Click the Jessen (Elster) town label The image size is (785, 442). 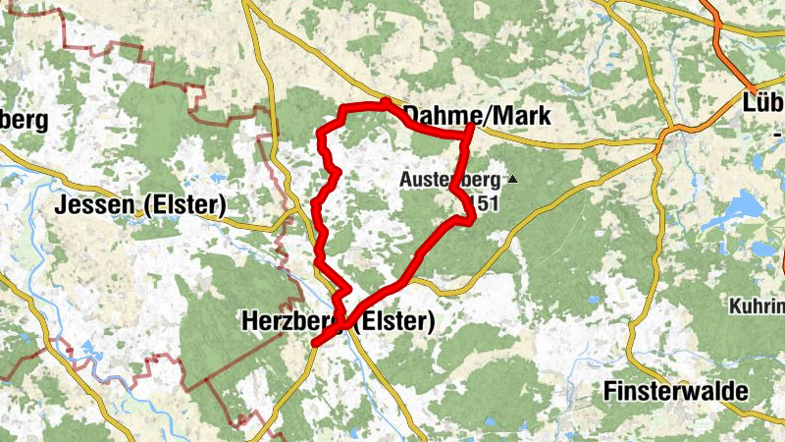click(141, 206)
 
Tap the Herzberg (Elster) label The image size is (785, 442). click(337, 321)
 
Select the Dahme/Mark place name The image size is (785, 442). click(478, 117)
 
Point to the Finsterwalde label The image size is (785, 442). click(677, 391)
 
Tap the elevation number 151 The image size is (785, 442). click(487, 203)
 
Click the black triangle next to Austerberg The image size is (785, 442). click(511, 180)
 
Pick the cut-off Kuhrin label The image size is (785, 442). click(758, 305)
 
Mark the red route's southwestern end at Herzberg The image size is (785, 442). click(315, 343)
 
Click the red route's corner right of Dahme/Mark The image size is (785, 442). click(471, 129)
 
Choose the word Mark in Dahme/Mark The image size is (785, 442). click(525, 117)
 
